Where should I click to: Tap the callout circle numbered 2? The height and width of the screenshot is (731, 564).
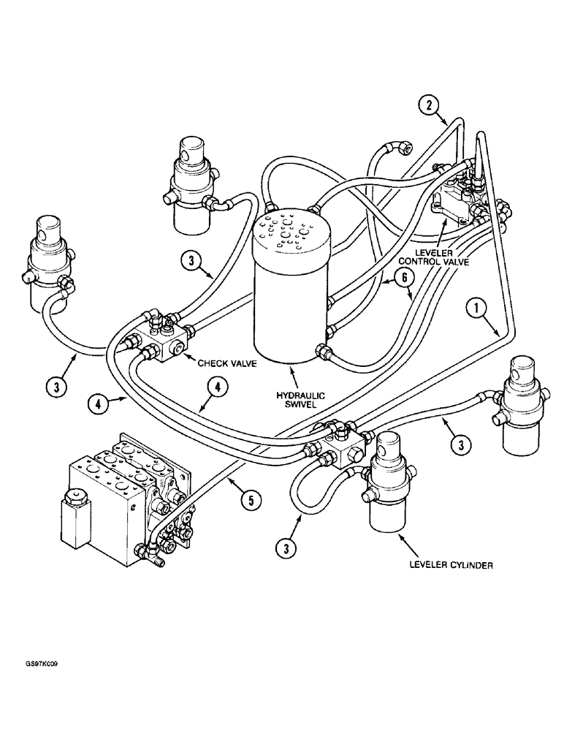tap(430, 105)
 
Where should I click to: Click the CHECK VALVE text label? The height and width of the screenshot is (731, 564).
tap(224, 360)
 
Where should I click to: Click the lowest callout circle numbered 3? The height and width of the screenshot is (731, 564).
tap(286, 546)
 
